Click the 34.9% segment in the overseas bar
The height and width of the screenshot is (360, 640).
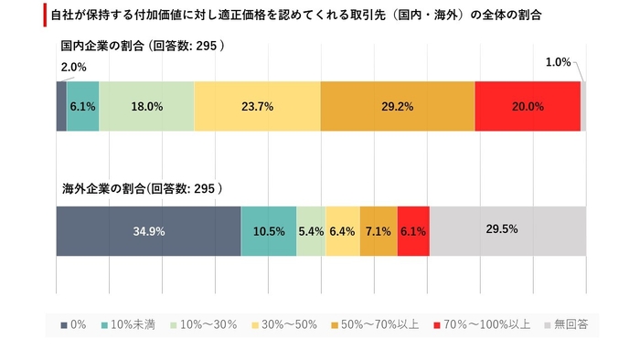pyautogui.click(x=148, y=231)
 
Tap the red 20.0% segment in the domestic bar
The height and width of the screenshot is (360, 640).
pyautogui.click(x=528, y=106)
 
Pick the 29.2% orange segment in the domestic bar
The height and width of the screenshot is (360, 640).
pyautogui.click(x=397, y=106)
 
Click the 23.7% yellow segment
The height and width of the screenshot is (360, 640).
pyautogui.click(x=257, y=106)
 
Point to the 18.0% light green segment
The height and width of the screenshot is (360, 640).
pyautogui.click(x=146, y=106)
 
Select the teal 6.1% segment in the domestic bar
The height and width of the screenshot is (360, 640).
pyautogui.click(x=82, y=106)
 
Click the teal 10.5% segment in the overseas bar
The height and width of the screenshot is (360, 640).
pyautogui.click(x=268, y=231)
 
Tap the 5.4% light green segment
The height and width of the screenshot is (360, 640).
pyautogui.click(x=311, y=231)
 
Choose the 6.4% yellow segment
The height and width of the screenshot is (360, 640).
pyautogui.click(x=342, y=231)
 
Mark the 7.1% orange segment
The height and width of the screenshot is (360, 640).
pyautogui.click(x=378, y=231)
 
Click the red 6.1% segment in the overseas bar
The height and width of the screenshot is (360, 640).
pyautogui.click(x=413, y=231)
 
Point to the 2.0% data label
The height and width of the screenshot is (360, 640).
pyautogui.click(x=74, y=67)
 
